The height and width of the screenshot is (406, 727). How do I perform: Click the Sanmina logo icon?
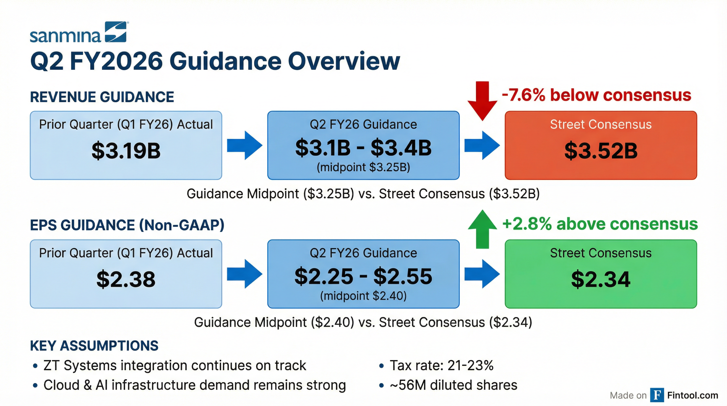pyautogui.click(x=116, y=32)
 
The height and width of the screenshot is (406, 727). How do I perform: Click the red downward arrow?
pyautogui.click(x=482, y=101)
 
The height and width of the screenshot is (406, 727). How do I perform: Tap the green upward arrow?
pyautogui.click(x=482, y=229)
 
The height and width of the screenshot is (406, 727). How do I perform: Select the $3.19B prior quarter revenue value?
pyautogui.click(x=126, y=151)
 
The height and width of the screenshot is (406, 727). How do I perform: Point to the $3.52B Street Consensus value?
pyautogui.click(x=601, y=151)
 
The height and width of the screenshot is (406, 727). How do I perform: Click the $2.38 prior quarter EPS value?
pyautogui.click(x=126, y=279)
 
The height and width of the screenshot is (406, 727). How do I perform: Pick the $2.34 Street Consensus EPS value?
pyautogui.click(x=601, y=279)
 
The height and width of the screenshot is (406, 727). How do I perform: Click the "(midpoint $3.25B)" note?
pyautogui.click(x=363, y=167)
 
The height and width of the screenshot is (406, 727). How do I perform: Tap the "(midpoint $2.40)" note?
pyautogui.click(x=363, y=296)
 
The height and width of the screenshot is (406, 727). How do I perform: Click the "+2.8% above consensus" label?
pyautogui.click(x=600, y=224)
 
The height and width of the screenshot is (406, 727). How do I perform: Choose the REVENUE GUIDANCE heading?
pyautogui.click(x=102, y=97)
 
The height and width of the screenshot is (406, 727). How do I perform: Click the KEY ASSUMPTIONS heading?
pyautogui.click(x=94, y=345)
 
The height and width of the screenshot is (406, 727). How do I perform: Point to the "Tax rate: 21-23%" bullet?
pyautogui.click(x=441, y=365)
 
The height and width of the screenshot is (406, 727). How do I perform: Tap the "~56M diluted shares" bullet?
pyautogui.click(x=453, y=385)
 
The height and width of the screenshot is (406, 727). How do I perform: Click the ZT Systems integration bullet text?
pyautogui.click(x=174, y=365)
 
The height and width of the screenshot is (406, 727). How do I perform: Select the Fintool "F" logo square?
pyautogui.click(x=657, y=395)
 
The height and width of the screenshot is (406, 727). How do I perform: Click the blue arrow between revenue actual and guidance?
pyautogui.click(x=245, y=145)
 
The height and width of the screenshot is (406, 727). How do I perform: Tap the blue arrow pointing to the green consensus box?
pyautogui.click(x=482, y=274)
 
